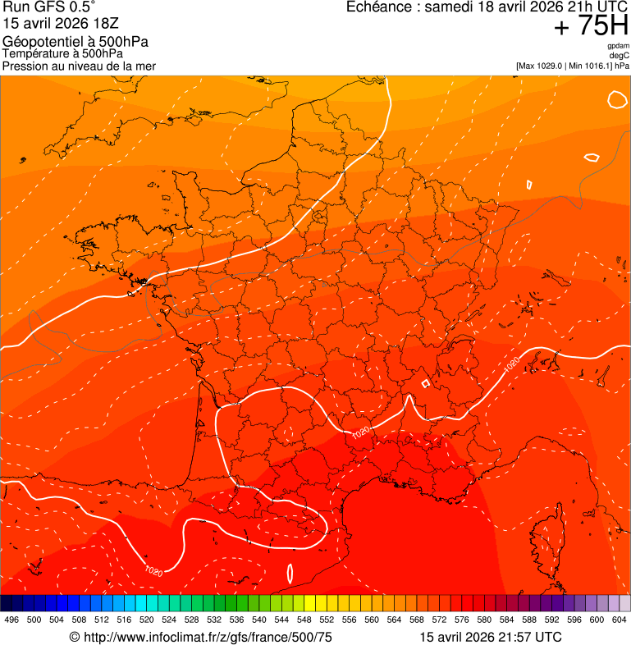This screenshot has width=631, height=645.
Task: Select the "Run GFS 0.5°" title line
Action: (49, 8)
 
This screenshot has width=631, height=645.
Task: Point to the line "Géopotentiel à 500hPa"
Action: (75, 42)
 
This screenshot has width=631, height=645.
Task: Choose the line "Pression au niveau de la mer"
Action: (79, 66)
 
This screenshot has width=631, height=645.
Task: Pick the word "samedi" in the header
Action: (450, 7)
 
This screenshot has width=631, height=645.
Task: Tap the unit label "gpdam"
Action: (619, 47)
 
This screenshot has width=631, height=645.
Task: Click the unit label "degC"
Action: (620, 56)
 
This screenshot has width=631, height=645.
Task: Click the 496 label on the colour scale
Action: (11, 620)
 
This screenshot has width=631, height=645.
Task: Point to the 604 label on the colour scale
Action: (620, 620)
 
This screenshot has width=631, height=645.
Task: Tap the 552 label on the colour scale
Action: (327, 620)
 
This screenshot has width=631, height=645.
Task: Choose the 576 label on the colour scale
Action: (462, 620)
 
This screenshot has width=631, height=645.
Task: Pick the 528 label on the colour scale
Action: (192, 620)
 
